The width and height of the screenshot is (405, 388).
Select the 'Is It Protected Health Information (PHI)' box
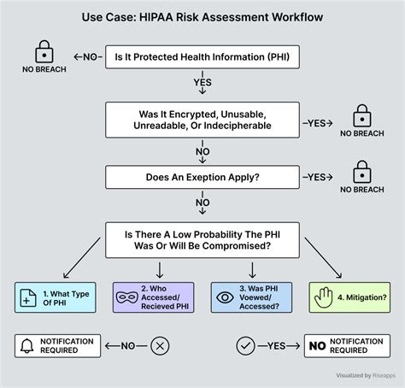(202, 57)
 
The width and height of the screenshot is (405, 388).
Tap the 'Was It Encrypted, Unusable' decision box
(202, 121)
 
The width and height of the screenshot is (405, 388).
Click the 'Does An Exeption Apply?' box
(202, 177)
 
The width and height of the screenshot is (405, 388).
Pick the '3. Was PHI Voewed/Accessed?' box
(252, 297)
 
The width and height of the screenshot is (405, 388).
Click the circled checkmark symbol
(245, 346)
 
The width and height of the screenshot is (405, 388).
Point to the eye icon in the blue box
(226, 297)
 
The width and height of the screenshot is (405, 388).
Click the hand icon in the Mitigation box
(324, 297)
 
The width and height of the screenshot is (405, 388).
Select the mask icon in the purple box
(127, 297)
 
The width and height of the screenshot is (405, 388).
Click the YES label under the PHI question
(202, 85)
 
